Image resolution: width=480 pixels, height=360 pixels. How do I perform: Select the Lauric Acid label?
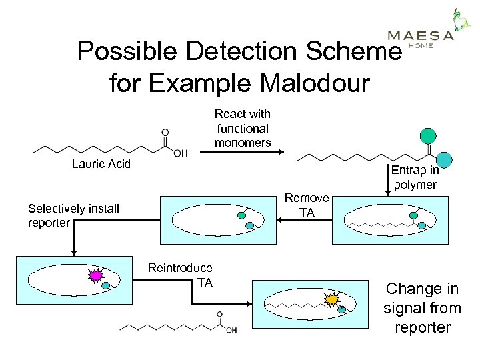[x=101, y=164]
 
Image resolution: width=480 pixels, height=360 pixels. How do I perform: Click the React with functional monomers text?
[x=242, y=128]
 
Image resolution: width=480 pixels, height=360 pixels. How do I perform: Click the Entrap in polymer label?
[x=414, y=177]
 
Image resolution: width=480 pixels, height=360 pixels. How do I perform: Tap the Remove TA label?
[x=307, y=205]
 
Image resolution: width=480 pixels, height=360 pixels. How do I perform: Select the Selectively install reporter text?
[x=73, y=215]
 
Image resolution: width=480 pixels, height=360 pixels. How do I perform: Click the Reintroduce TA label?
[x=180, y=275]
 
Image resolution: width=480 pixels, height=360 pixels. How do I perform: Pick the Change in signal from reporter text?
[x=422, y=308]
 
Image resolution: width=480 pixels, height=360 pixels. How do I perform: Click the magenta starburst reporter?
[x=96, y=275]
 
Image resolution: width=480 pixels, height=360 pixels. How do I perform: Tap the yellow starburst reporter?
[x=331, y=300]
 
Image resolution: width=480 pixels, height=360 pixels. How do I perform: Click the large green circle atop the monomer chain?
[x=428, y=136]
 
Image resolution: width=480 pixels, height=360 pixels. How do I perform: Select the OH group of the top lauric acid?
[x=179, y=153]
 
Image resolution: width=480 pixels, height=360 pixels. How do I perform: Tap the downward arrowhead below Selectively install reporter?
[x=73, y=252]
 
